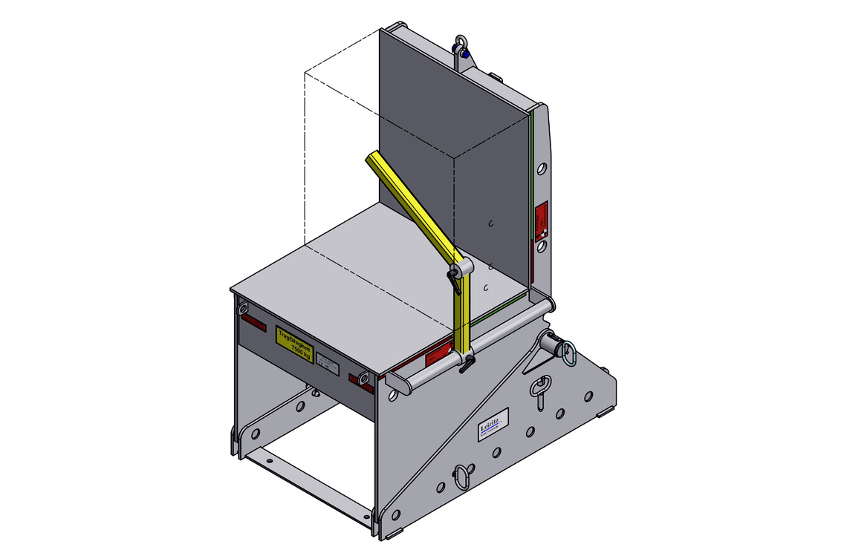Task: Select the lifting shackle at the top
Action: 461,45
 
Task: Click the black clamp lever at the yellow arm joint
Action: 453,280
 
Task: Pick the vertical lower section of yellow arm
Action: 463,315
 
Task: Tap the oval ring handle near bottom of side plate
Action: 462,474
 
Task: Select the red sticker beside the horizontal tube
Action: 441,355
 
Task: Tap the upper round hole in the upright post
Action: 542,170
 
